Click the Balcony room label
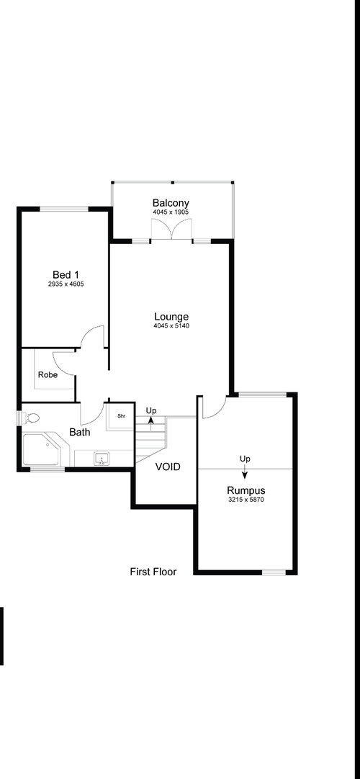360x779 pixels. [171, 203]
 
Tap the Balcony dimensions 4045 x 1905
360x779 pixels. [171, 212]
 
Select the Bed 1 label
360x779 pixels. [66, 275]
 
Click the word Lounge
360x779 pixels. [171, 317]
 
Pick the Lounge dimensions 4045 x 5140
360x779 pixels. [172, 326]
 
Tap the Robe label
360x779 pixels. [48, 374]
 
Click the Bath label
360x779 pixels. [79, 432]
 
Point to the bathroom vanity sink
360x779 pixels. [102, 459]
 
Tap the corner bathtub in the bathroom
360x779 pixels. [41, 449]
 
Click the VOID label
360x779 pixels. [167, 467]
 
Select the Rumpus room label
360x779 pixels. [246, 491]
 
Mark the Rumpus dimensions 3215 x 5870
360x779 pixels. [246, 500]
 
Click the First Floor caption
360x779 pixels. [153, 572]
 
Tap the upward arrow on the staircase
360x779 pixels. [150, 424]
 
